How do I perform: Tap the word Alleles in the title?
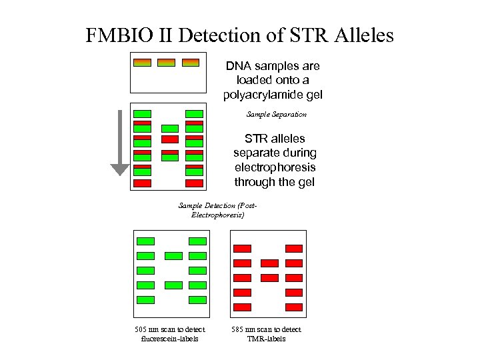point(360,35)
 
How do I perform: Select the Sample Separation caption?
point(276,115)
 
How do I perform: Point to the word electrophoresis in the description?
point(275,167)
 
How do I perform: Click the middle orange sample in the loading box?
point(166,63)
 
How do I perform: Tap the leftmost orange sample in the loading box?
point(142,63)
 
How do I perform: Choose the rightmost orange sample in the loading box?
point(190,63)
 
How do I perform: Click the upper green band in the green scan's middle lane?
point(173,256)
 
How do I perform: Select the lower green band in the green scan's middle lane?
point(173,285)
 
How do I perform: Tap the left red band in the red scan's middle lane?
point(269,263)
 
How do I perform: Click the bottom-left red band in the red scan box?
point(243,307)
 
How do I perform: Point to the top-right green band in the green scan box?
point(198,241)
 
